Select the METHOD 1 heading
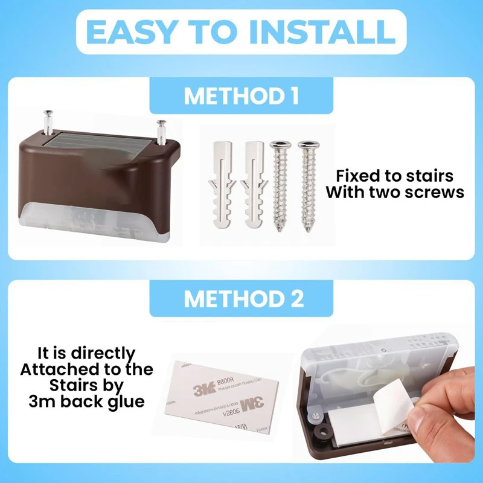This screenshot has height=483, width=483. (241, 97)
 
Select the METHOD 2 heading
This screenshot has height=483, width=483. (241, 299)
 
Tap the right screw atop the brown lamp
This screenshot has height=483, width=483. (161, 130)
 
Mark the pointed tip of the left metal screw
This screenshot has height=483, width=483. (279, 230)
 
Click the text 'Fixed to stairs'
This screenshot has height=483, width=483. (394, 176)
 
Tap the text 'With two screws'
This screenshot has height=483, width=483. (394, 193)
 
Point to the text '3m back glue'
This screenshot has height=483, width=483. (86, 401)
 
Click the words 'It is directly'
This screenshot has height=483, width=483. (86, 353)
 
